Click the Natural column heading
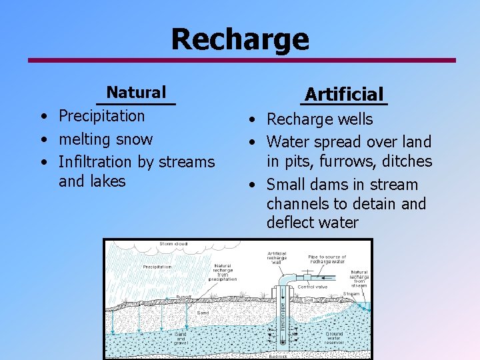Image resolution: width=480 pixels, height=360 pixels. pyautogui.click(x=136, y=92)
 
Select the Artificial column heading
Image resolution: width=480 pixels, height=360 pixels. pyautogui.click(x=344, y=94)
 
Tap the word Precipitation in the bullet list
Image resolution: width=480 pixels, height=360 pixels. pyautogui.click(x=101, y=116)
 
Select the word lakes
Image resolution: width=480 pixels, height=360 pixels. pyautogui.click(x=108, y=181)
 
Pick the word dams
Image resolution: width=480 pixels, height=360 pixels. pyautogui.click(x=329, y=185)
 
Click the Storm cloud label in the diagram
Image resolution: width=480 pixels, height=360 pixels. pyautogui.click(x=173, y=244)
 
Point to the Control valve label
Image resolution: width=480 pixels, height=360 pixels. pyautogui.click(x=313, y=287)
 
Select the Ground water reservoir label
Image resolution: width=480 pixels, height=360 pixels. pyautogui.click(x=334, y=338)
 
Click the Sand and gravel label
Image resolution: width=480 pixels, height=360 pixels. pyautogui.click(x=181, y=338)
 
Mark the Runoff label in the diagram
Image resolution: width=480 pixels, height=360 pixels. pyautogui.click(x=183, y=297)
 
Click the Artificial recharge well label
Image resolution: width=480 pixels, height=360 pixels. pyautogui.click(x=277, y=258)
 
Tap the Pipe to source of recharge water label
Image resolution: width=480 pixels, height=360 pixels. pyautogui.click(x=327, y=259)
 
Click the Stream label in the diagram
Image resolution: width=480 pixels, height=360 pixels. pyautogui.click(x=351, y=293)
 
